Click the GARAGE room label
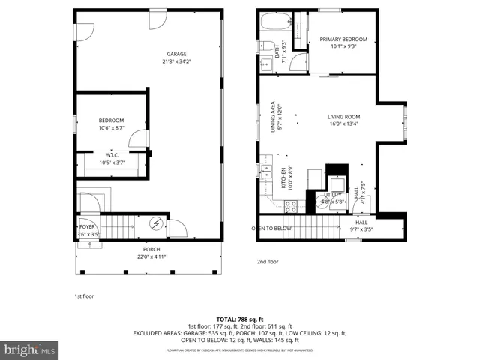[176, 54]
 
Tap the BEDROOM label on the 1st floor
[111, 121]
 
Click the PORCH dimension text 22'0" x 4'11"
[151, 256]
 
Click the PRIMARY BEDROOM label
[343, 39]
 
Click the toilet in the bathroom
[267, 47]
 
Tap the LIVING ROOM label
[343, 117]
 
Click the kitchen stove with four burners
[291, 206]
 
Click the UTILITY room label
[332, 195]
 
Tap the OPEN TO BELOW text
[271, 228]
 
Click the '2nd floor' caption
[268, 262]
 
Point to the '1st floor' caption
[84, 296]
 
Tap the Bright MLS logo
[30, 349]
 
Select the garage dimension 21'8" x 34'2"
[176, 61]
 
